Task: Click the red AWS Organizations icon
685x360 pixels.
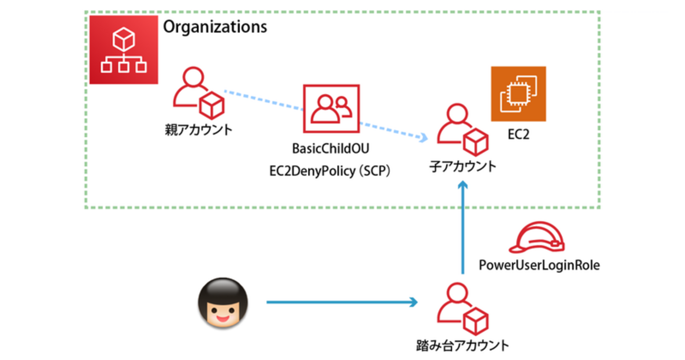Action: pyautogui.click(x=124, y=50)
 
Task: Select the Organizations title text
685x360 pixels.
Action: pyautogui.click(x=214, y=27)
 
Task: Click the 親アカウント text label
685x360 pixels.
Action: pyautogui.click(x=198, y=130)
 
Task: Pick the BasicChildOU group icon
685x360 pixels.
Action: pyautogui.click(x=330, y=109)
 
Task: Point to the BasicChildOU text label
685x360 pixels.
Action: pyautogui.click(x=330, y=149)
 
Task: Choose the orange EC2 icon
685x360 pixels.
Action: pyautogui.click(x=518, y=94)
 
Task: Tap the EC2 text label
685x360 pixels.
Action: pyautogui.click(x=518, y=135)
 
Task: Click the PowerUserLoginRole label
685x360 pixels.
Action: pyautogui.click(x=539, y=265)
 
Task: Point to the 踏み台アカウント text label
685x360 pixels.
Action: pyautogui.click(x=463, y=346)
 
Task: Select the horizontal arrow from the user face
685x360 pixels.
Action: pyautogui.click(x=341, y=303)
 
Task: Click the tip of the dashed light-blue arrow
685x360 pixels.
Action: pyautogui.click(x=425, y=139)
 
